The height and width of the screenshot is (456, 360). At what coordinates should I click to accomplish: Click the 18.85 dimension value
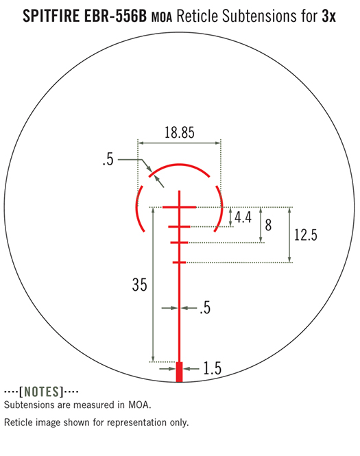click(180, 132)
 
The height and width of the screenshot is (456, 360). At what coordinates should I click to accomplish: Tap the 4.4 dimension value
click(243, 217)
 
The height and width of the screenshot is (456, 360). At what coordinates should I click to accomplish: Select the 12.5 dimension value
click(305, 235)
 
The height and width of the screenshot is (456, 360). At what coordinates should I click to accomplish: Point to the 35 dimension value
click(140, 285)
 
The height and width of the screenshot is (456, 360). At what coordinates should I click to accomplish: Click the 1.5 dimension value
click(213, 368)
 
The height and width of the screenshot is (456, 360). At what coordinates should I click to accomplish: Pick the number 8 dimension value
click(268, 225)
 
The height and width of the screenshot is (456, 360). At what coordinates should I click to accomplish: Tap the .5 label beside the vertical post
click(205, 308)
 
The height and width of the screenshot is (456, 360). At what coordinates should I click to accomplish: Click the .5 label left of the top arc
click(108, 160)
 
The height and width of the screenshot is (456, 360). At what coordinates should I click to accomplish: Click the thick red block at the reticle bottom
click(180, 372)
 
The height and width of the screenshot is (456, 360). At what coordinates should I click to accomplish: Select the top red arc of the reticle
click(179, 165)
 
